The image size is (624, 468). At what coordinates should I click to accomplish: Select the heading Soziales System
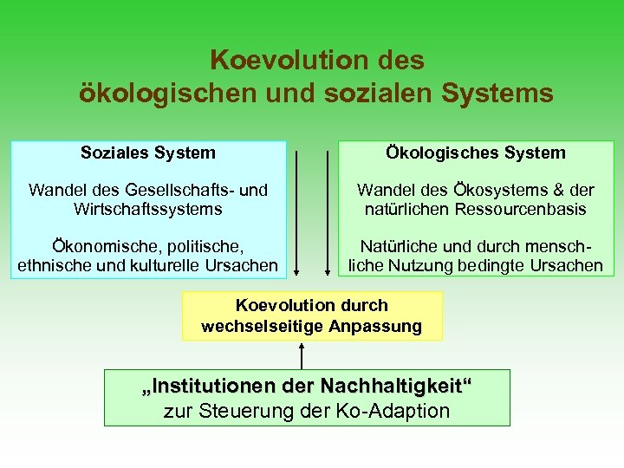[148, 153]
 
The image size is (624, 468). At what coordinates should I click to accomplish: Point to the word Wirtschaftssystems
[148, 209]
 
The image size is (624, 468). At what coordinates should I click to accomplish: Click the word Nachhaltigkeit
[392, 385]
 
